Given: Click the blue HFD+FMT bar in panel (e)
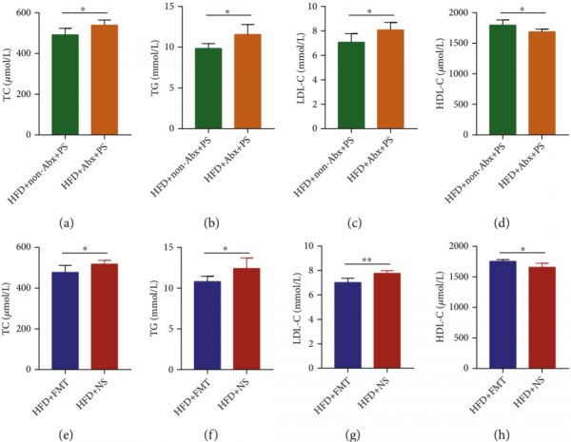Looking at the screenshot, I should (66, 318).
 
